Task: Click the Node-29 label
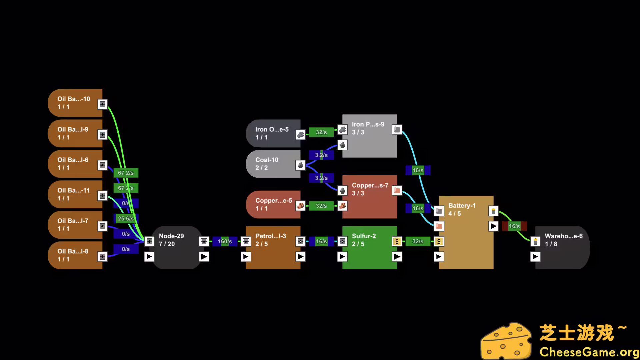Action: [x=171, y=236]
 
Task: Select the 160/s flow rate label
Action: [x=225, y=241]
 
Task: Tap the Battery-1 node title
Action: [x=462, y=206]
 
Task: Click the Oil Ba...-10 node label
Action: [x=74, y=99]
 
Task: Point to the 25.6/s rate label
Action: [x=126, y=219]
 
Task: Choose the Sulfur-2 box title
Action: [x=364, y=236]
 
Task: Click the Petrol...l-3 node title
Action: [x=271, y=236]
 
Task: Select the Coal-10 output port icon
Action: [x=300, y=165]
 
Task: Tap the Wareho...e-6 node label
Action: [x=564, y=236]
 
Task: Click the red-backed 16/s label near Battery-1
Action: [x=514, y=226]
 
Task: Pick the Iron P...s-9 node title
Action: [x=368, y=124]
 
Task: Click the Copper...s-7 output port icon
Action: [x=397, y=191]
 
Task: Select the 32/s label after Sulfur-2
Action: [x=418, y=241]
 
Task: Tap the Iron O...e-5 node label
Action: [x=272, y=129]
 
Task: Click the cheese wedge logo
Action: [x=506, y=341]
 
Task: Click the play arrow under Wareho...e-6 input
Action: [x=535, y=257]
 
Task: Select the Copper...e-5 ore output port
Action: [x=300, y=206]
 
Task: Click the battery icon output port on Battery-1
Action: [x=493, y=211]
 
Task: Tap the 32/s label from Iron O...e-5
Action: [x=321, y=132]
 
